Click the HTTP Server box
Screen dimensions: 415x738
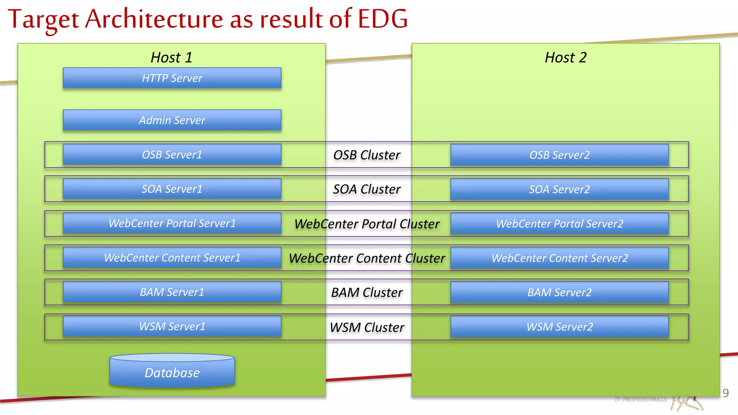(172, 78)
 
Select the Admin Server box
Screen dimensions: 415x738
(172, 120)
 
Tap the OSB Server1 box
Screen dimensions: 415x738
(172, 155)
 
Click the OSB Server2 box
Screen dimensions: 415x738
(559, 155)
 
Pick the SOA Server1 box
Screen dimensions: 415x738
(172, 189)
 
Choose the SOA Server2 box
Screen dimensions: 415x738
(559, 189)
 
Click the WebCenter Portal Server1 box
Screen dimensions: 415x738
(172, 223)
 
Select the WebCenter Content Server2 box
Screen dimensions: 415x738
(559, 258)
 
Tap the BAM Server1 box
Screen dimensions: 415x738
(172, 292)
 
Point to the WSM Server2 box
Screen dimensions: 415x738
(559, 327)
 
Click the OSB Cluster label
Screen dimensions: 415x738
(366, 155)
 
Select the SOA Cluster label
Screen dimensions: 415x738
(366, 189)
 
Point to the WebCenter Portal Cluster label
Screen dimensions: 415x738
(366, 224)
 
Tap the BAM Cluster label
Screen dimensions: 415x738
(366, 293)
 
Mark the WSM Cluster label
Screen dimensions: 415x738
(366, 327)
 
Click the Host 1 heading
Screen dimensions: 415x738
(171, 58)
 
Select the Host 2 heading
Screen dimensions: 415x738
(565, 58)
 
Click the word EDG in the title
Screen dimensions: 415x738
(382, 19)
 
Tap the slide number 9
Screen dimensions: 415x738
(725, 393)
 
